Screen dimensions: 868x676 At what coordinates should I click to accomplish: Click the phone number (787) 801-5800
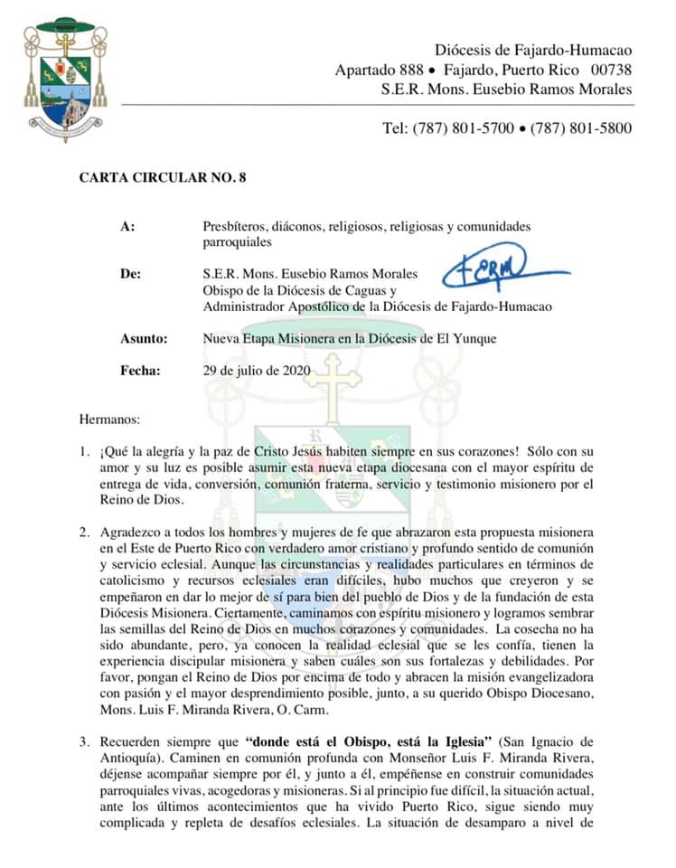(x=582, y=128)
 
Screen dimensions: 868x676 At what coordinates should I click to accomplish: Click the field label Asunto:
(x=144, y=338)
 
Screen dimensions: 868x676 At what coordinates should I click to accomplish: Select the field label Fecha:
(x=140, y=370)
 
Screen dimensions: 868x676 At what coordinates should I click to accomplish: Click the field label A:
(x=127, y=226)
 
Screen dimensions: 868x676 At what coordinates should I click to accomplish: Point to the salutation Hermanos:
(x=111, y=419)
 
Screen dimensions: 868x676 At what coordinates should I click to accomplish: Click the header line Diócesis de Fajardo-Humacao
(x=533, y=50)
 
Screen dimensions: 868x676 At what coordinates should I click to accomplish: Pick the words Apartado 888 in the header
(x=374, y=70)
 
